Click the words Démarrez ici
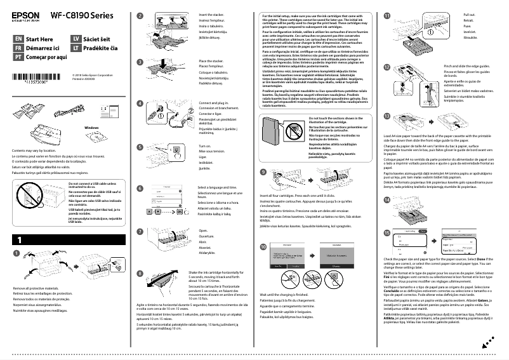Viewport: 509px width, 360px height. [x=42, y=47]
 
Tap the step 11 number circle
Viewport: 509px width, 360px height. [x=388, y=15]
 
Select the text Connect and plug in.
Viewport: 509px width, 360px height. [x=213, y=102]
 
